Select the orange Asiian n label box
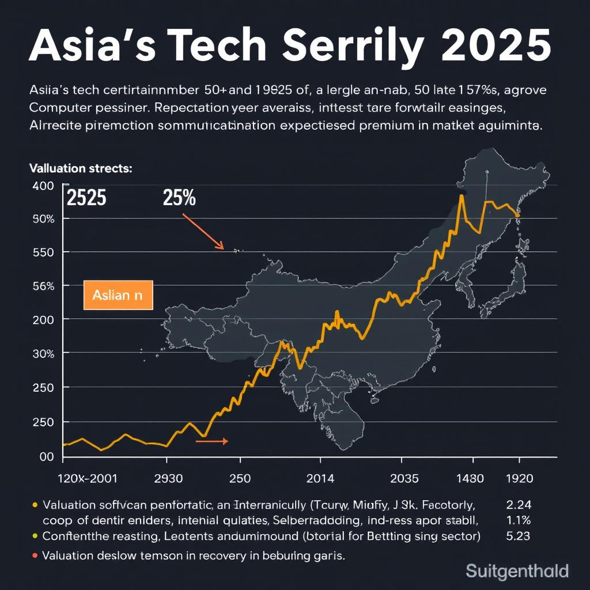coord(118,295)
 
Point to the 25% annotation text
coord(179,198)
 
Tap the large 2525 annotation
coord(86,198)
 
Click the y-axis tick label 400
coord(43,186)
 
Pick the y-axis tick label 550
coord(43,252)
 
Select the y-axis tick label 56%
coord(43,286)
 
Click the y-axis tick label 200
coord(43,319)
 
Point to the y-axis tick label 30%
coord(43,353)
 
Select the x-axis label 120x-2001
coord(89,478)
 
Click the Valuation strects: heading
coord(81,169)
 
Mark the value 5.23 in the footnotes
coord(517,535)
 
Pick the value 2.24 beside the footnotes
coord(517,505)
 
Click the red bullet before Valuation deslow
coord(35,556)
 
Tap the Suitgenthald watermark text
coord(517,572)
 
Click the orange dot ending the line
coord(518,215)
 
